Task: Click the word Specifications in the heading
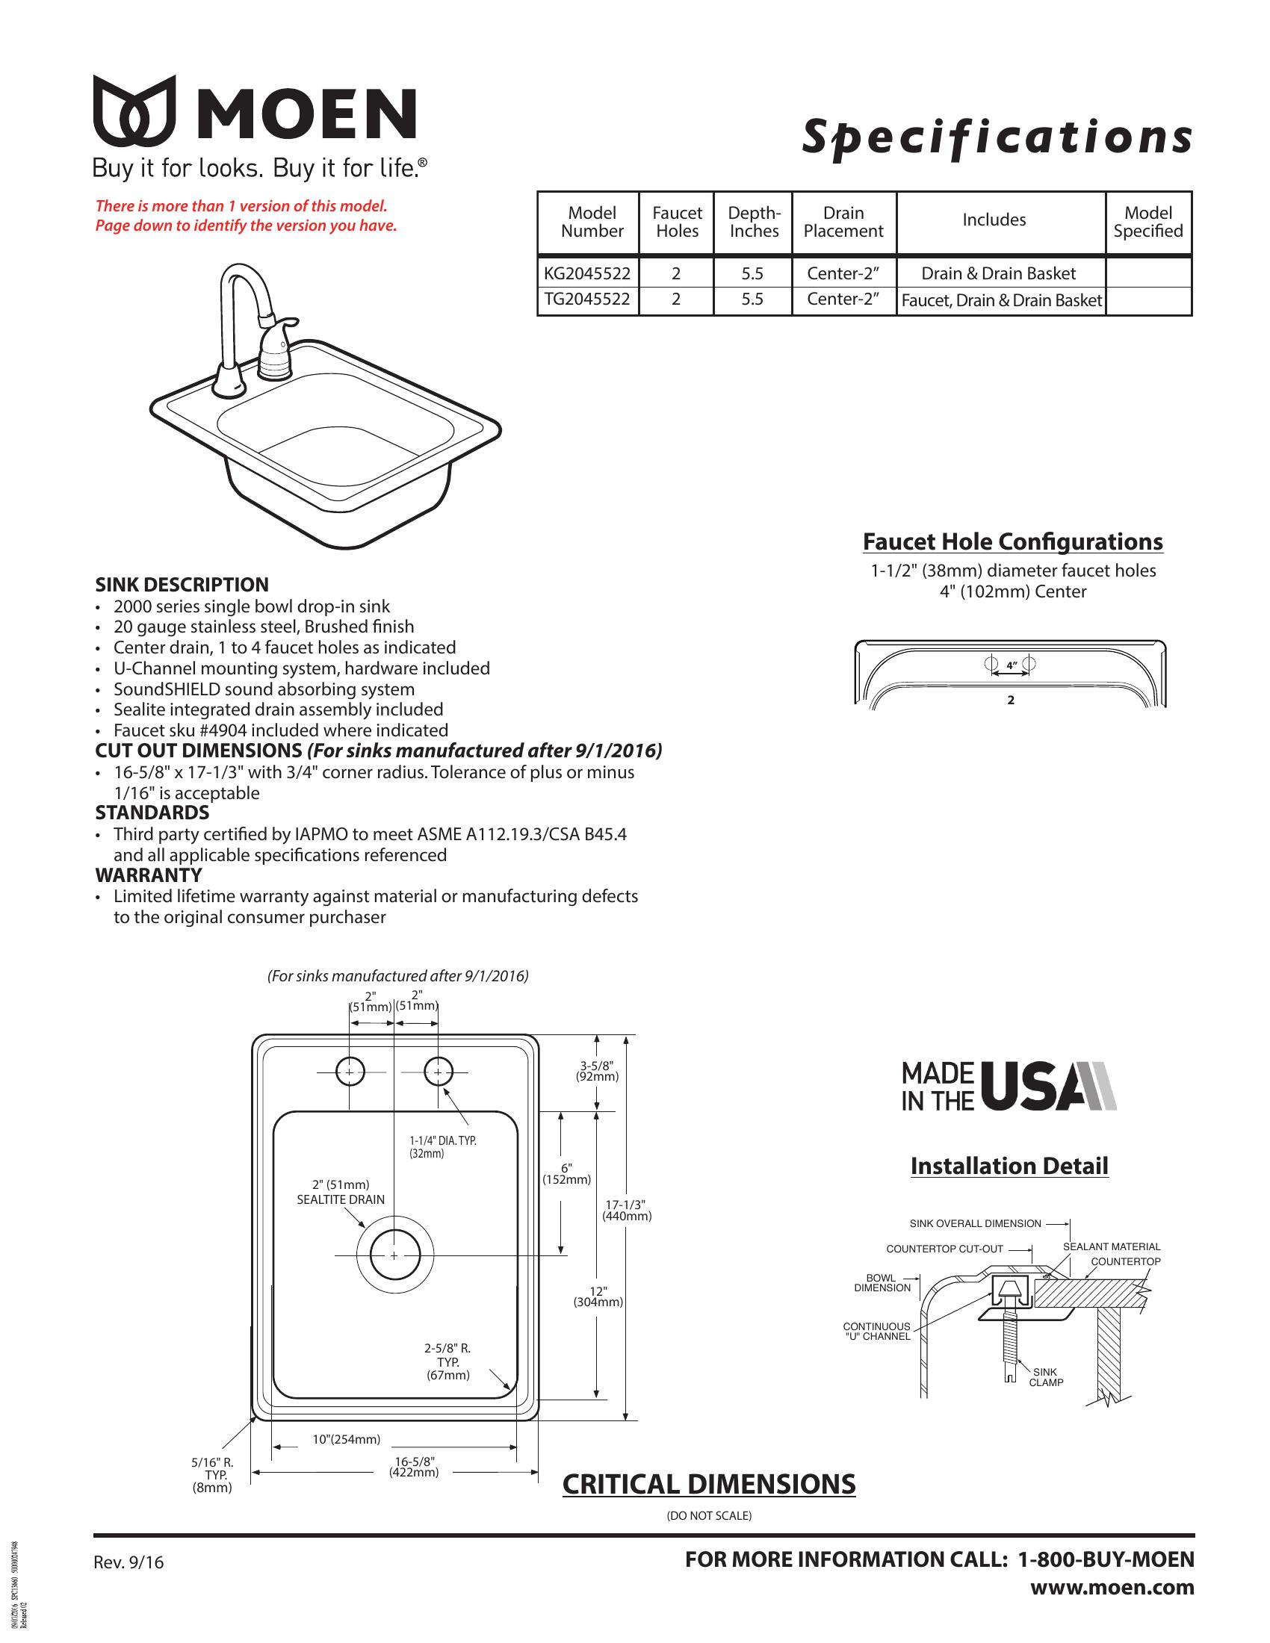(x=997, y=137)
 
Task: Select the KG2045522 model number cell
(x=588, y=273)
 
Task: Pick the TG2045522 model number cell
(x=588, y=299)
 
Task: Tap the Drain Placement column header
(x=843, y=222)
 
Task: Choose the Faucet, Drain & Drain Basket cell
(x=1000, y=301)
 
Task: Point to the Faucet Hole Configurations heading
(x=1012, y=541)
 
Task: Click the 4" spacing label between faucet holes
(x=1012, y=665)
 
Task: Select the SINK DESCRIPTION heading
(x=182, y=585)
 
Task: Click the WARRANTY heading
(x=148, y=875)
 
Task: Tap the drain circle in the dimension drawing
(x=394, y=1255)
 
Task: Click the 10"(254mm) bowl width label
(x=346, y=1439)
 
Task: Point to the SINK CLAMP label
(x=1045, y=1377)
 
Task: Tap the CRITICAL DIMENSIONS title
(x=709, y=1484)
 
